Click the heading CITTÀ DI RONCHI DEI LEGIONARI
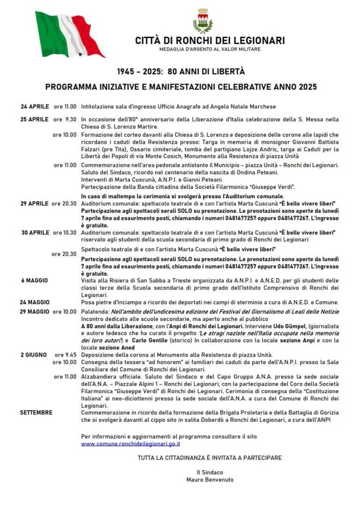(210, 41)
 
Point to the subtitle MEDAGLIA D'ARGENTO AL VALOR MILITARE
(210, 49)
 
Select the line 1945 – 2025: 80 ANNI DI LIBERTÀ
(181, 72)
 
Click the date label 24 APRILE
(35, 106)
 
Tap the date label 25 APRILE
(34, 119)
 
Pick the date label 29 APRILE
(34, 203)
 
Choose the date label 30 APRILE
(35, 232)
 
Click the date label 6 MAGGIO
(34, 280)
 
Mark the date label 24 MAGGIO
(35, 302)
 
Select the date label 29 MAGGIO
(34, 312)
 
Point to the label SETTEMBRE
(36, 412)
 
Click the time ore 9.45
(66, 354)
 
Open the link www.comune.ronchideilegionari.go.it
(130, 443)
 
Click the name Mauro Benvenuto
(210, 479)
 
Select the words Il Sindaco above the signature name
(210, 472)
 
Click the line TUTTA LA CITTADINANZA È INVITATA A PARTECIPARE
(210, 457)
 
